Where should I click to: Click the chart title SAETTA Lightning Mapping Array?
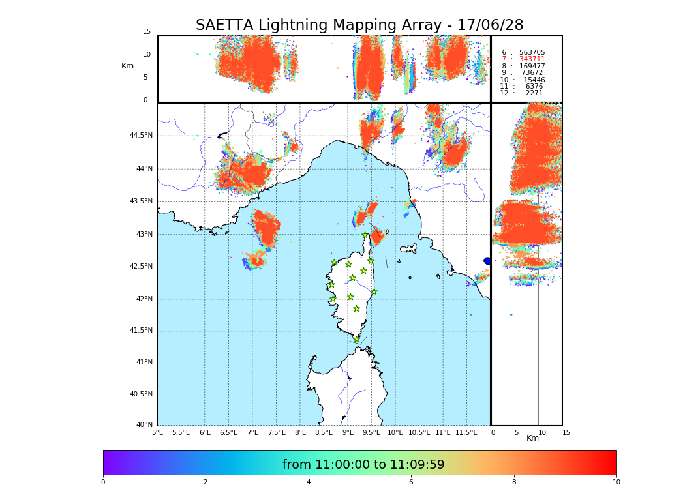point(359,25)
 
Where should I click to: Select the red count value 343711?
point(532,59)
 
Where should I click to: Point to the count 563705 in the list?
point(532,53)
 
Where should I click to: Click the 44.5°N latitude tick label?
point(140,136)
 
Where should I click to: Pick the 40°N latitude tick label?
point(144,425)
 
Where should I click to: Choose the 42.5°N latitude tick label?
point(140,266)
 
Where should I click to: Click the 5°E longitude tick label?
point(157,432)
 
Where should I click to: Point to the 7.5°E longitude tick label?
point(277,432)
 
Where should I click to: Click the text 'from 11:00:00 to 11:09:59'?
point(363,465)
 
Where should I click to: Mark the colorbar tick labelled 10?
point(616,482)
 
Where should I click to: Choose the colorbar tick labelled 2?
point(205,482)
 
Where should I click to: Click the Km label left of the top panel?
point(127,66)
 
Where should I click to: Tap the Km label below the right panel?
point(532,438)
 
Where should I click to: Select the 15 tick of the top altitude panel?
point(147,32)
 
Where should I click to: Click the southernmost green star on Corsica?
point(356,339)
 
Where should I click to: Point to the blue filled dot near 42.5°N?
point(487,261)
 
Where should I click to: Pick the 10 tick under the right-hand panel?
point(541,432)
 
